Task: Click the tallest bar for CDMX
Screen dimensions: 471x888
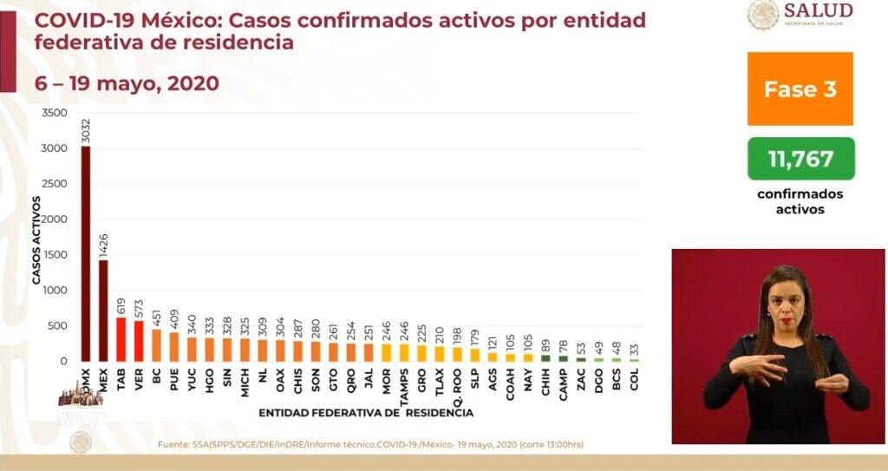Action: (x=86, y=252)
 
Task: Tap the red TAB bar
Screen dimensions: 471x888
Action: (x=121, y=338)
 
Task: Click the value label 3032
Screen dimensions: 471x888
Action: (x=86, y=133)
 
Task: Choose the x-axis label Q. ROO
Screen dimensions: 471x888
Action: (x=457, y=383)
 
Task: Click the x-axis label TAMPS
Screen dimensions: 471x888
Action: (x=404, y=384)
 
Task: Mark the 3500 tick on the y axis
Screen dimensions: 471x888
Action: (x=54, y=114)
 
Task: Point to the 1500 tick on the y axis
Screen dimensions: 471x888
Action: (x=54, y=255)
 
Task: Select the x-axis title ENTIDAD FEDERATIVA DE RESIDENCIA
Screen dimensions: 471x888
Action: (x=366, y=413)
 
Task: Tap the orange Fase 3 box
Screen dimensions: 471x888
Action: (x=800, y=88)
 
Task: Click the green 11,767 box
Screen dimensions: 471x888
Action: (x=800, y=159)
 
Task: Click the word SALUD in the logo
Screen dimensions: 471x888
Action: (x=819, y=10)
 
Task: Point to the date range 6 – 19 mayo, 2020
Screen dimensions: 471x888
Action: (x=127, y=83)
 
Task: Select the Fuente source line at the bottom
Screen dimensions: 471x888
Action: (x=370, y=445)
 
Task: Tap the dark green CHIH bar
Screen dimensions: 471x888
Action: (x=545, y=357)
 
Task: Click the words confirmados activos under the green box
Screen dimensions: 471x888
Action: (x=800, y=201)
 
